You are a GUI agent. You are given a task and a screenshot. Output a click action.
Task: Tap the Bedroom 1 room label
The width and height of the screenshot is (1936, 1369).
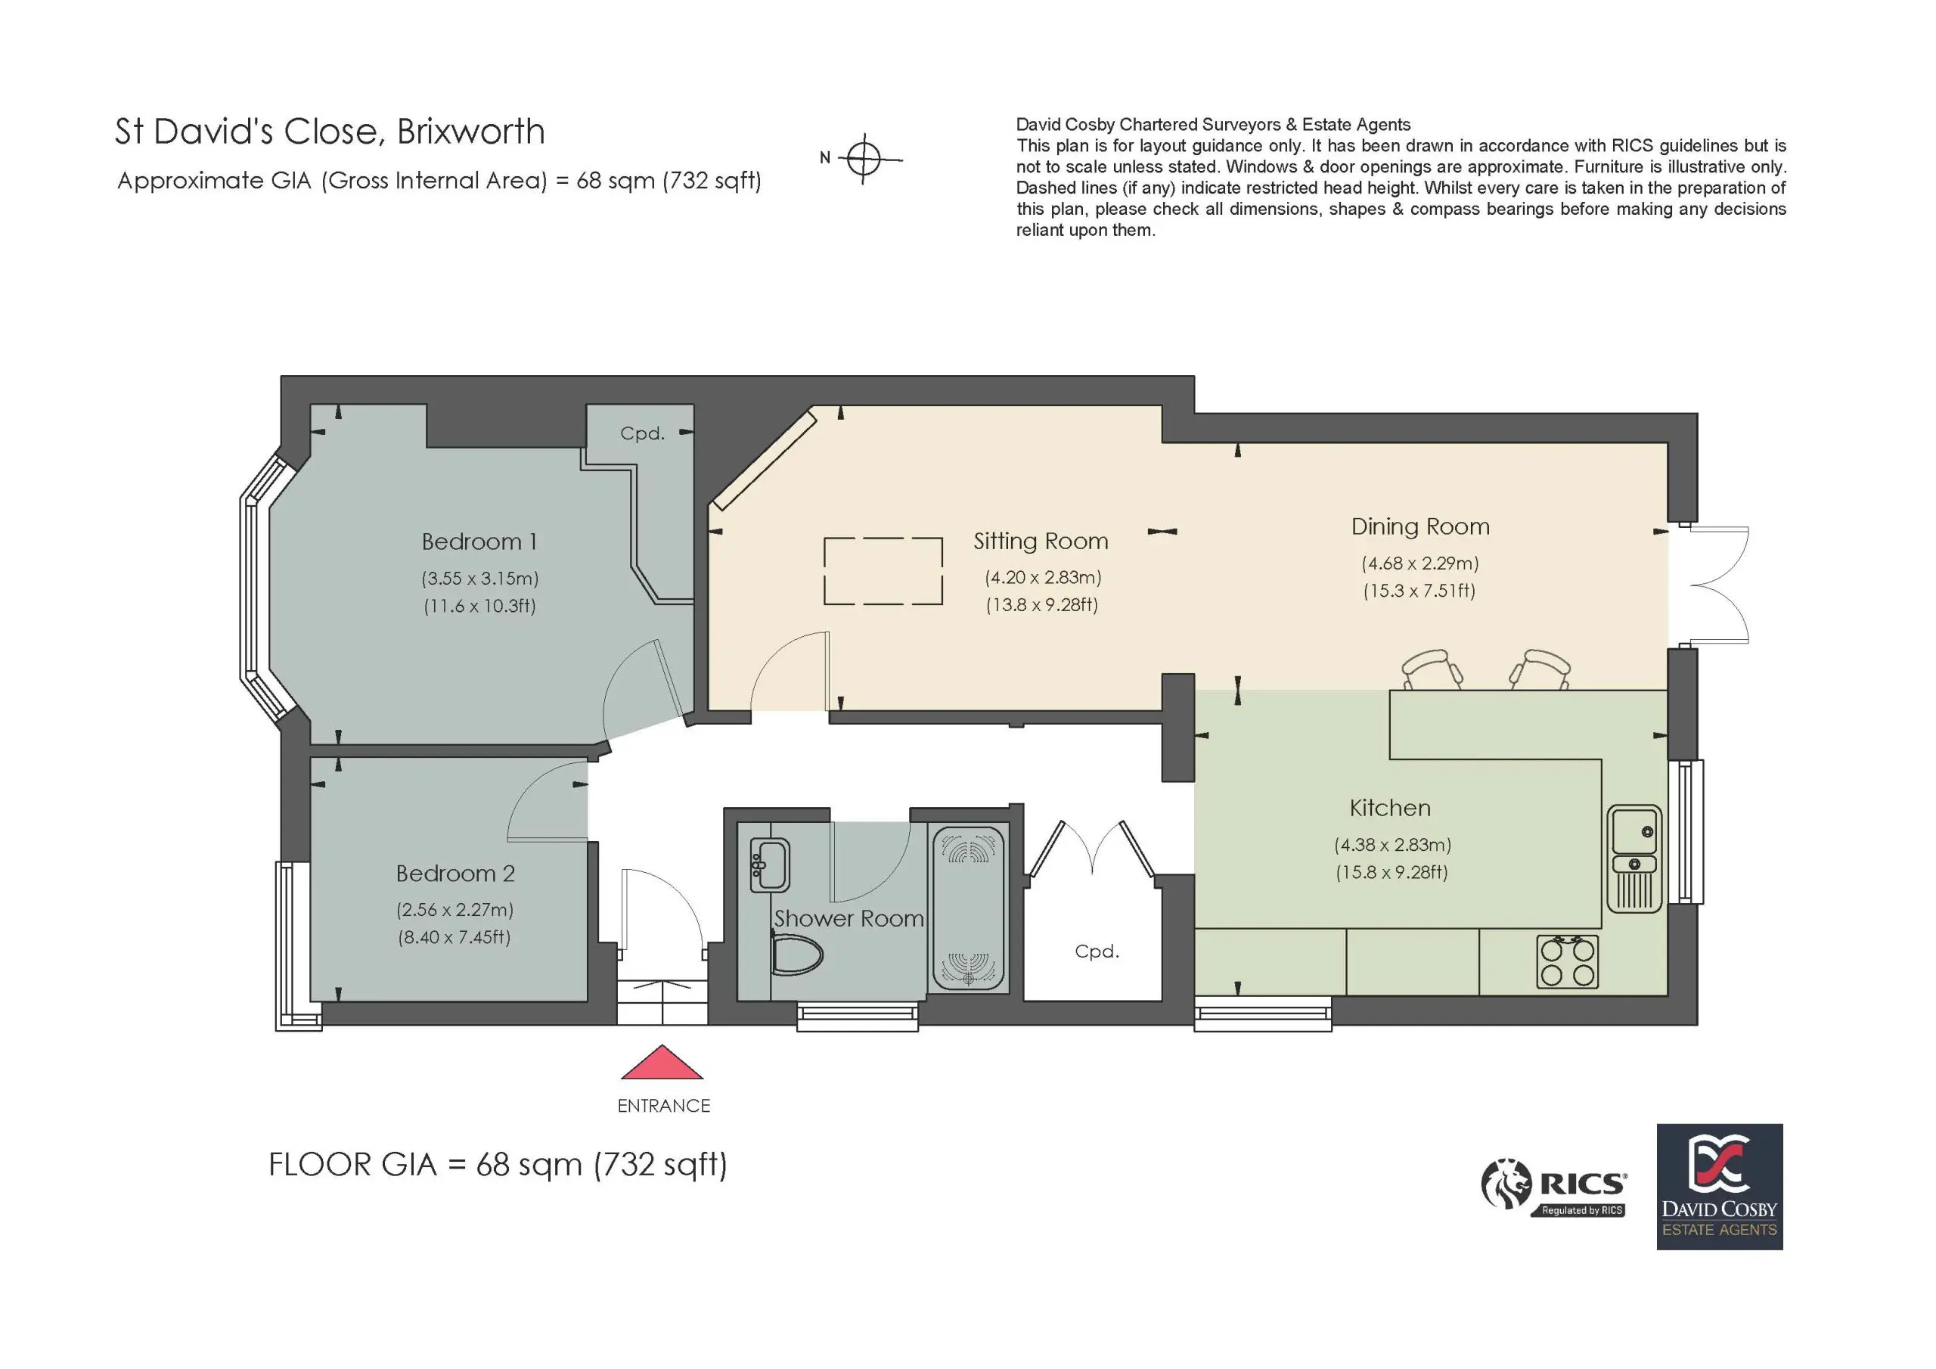coord(479,542)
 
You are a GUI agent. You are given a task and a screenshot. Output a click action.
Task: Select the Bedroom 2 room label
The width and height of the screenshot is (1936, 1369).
coord(455,873)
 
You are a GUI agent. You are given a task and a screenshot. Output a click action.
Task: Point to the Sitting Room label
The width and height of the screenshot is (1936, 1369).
coord(1041,542)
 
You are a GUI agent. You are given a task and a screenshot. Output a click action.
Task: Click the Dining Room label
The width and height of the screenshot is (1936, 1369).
coord(1420,527)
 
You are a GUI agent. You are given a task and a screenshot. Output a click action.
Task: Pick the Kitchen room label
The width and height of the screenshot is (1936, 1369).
coord(1389,808)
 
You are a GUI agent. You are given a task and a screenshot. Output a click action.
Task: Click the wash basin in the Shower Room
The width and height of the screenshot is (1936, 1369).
coord(769,865)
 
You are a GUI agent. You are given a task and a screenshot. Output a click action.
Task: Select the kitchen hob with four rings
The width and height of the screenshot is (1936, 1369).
coord(1568,962)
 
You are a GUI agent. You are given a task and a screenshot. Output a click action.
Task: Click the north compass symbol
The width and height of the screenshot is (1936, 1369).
coord(864,158)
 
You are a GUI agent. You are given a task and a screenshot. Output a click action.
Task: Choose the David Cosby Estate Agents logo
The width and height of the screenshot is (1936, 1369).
coord(1719,1187)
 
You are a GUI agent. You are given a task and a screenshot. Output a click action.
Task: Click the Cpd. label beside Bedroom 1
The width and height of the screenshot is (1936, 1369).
coord(643,433)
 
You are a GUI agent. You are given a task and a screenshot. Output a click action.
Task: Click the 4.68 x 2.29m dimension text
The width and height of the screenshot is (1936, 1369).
coord(1420,563)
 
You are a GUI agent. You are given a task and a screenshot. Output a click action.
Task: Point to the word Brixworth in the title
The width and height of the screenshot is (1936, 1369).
coord(470,132)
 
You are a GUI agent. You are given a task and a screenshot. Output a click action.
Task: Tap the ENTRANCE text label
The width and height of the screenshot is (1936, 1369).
coord(663,1106)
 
